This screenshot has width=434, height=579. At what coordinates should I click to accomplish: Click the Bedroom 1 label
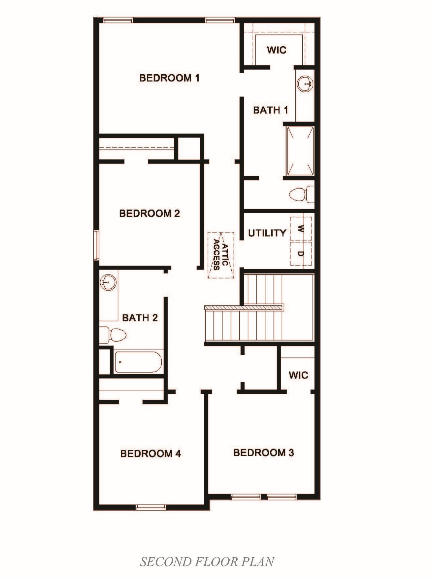[x=170, y=78]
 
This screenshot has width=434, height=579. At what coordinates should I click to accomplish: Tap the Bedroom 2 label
[x=150, y=213]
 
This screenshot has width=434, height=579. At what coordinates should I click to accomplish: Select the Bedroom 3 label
[x=264, y=452]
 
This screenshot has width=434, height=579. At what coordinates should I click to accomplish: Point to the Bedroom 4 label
[x=151, y=453]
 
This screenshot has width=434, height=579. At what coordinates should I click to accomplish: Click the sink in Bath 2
[x=108, y=283]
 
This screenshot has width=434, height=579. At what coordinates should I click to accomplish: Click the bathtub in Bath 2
[x=138, y=362]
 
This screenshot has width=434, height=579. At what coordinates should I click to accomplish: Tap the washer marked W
[x=301, y=228]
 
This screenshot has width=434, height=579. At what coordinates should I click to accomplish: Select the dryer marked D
[x=301, y=254]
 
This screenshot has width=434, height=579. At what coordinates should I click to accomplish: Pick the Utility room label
[x=267, y=233]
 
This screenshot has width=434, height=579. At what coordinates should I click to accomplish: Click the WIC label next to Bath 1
[x=277, y=50]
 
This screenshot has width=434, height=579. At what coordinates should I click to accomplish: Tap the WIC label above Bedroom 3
[x=298, y=375]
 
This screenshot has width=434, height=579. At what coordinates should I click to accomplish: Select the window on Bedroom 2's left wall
[x=96, y=245]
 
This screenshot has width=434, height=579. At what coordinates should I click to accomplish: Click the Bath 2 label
[x=140, y=318]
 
